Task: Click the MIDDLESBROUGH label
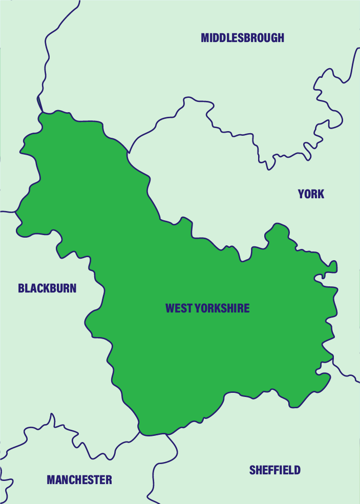pyautogui.click(x=242, y=38)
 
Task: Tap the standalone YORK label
pyautogui.click(x=311, y=194)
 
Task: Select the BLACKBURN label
pyautogui.click(x=47, y=288)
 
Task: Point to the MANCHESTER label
pyautogui.click(x=79, y=480)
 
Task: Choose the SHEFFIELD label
pyautogui.click(x=275, y=470)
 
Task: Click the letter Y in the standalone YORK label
pyautogui.click(x=301, y=194)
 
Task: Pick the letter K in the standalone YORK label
pyautogui.click(x=321, y=194)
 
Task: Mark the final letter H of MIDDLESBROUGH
pyautogui.click(x=281, y=38)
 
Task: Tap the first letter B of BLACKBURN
pyautogui.click(x=21, y=288)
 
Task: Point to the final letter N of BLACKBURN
pyautogui.click(x=73, y=288)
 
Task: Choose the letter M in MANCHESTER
pyautogui.click(x=51, y=480)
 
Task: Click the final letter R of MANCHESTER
pyautogui.click(x=109, y=480)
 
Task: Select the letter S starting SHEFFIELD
pyautogui.click(x=252, y=470)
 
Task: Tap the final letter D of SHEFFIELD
pyautogui.click(x=298, y=470)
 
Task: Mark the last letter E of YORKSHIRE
pyautogui.click(x=247, y=308)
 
